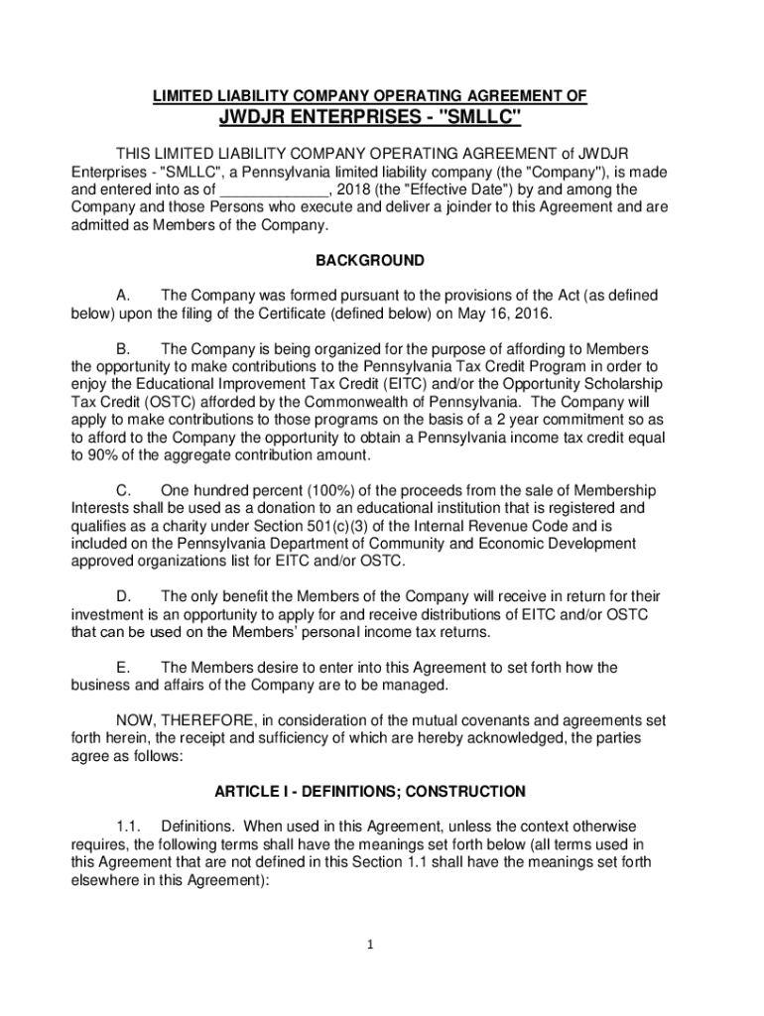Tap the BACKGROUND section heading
point(369,261)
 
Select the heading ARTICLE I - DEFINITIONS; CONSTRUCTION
point(369,792)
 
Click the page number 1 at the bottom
point(369,946)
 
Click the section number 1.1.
point(129,826)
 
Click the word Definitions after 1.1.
point(198,826)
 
